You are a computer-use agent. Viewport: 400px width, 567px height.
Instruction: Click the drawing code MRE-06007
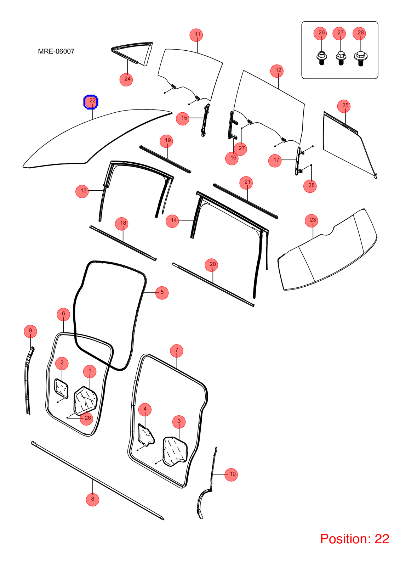click(56, 51)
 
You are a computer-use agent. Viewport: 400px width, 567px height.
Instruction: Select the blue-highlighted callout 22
click(91, 102)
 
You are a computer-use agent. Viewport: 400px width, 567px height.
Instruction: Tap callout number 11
click(196, 35)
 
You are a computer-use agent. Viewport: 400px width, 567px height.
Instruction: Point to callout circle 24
click(126, 79)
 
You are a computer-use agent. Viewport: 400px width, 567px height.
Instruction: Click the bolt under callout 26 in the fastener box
click(322, 58)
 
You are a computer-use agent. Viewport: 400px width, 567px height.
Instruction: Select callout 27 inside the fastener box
click(339, 33)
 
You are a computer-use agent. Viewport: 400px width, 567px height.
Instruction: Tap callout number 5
click(162, 293)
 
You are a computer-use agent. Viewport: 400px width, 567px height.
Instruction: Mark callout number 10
click(231, 475)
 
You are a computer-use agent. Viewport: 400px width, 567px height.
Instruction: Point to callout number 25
click(344, 106)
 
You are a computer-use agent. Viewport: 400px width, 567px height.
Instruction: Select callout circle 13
click(82, 191)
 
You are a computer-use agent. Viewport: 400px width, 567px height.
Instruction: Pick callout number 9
click(30, 331)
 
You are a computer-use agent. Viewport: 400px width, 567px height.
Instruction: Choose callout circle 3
click(179, 422)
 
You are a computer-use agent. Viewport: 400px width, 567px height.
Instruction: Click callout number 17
click(275, 161)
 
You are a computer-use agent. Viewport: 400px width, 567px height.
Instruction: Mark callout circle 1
click(90, 371)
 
